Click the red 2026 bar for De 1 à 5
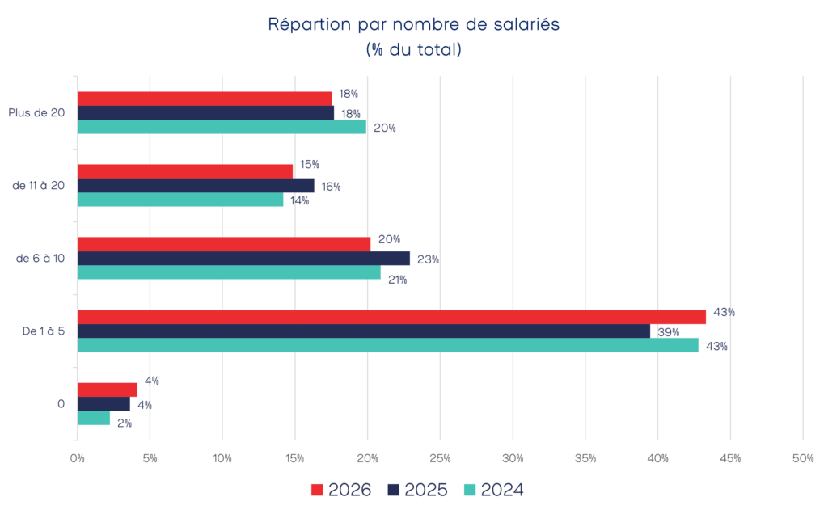click(391, 317)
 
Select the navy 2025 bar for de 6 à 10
click(243, 259)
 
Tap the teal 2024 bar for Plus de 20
click(222, 127)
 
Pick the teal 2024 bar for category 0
click(94, 419)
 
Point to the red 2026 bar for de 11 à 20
click(185, 171)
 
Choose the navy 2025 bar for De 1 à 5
click(364, 331)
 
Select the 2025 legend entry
click(417, 490)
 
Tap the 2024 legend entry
click(493, 490)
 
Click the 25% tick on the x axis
click(440, 458)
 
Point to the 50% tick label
click(802, 458)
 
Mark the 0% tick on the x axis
click(78, 458)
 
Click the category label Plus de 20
click(37, 113)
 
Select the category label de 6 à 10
click(41, 259)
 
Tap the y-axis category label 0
click(61, 403)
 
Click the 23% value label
click(429, 259)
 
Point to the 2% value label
click(125, 423)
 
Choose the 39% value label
click(668, 331)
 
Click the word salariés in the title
click(527, 25)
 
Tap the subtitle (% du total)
click(413, 49)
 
